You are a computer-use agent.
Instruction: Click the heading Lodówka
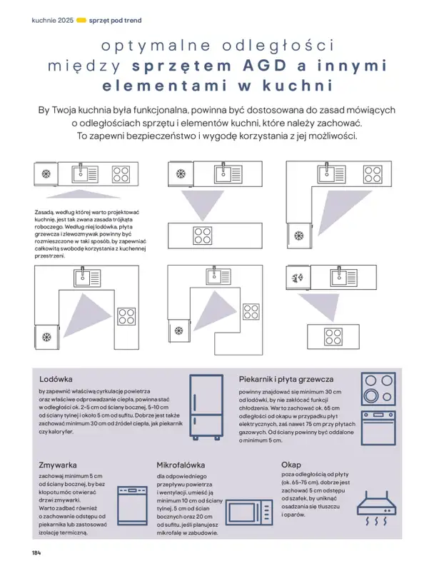56,379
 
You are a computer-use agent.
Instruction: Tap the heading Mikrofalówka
181,463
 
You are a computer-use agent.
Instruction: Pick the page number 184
36,553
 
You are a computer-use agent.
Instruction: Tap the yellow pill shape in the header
81,19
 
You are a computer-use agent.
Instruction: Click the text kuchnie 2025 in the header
53,19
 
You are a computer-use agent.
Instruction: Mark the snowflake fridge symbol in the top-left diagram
46,174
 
